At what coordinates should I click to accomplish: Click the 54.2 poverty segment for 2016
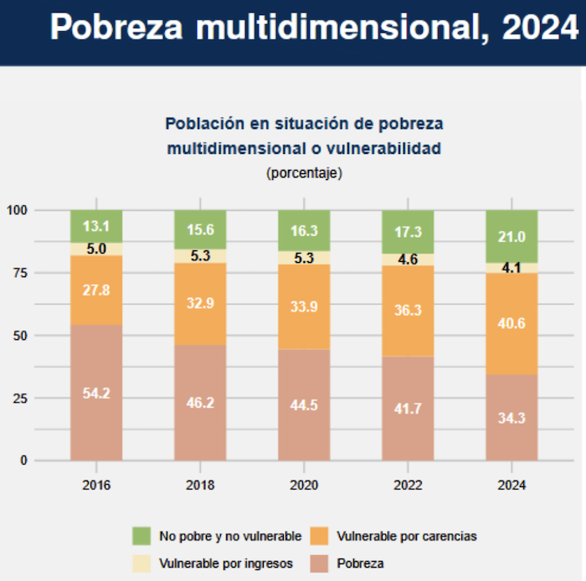(x=96, y=393)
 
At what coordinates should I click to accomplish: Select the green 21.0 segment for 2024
(x=511, y=236)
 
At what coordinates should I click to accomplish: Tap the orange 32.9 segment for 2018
(x=200, y=304)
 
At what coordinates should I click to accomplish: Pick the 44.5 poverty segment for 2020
(x=304, y=405)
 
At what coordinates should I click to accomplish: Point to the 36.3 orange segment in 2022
(x=408, y=310)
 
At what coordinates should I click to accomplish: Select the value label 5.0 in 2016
(x=96, y=249)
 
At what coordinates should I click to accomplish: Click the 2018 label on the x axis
(x=200, y=485)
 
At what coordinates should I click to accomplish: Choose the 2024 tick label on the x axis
(x=511, y=485)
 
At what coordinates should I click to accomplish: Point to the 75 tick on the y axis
(x=18, y=273)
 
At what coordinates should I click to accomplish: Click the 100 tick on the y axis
(x=17, y=210)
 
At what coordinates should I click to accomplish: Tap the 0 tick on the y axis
(x=24, y=460)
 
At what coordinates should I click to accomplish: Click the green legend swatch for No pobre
(x=141, y=536)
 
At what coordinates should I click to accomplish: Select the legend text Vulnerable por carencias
(x=406, y=536)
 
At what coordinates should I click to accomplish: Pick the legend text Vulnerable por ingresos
(x=225, y=563)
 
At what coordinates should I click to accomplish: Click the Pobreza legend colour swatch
(x=319, y=563)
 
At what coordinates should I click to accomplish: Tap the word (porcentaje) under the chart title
(x=304, y=173)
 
